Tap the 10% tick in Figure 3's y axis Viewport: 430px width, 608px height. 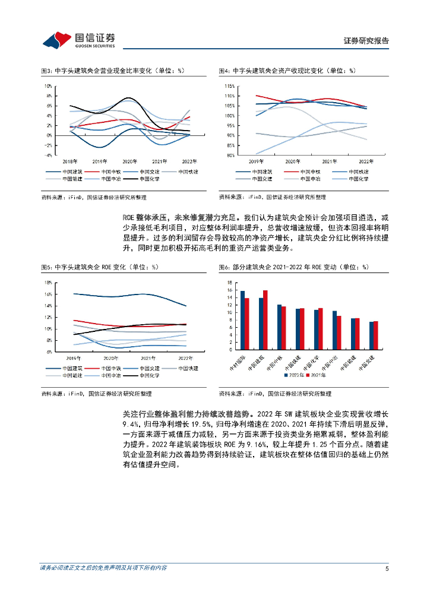49,85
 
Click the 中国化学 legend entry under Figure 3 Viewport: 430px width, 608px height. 150,178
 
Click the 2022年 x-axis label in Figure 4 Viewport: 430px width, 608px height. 367,161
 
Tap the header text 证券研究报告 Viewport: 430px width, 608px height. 366,40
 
